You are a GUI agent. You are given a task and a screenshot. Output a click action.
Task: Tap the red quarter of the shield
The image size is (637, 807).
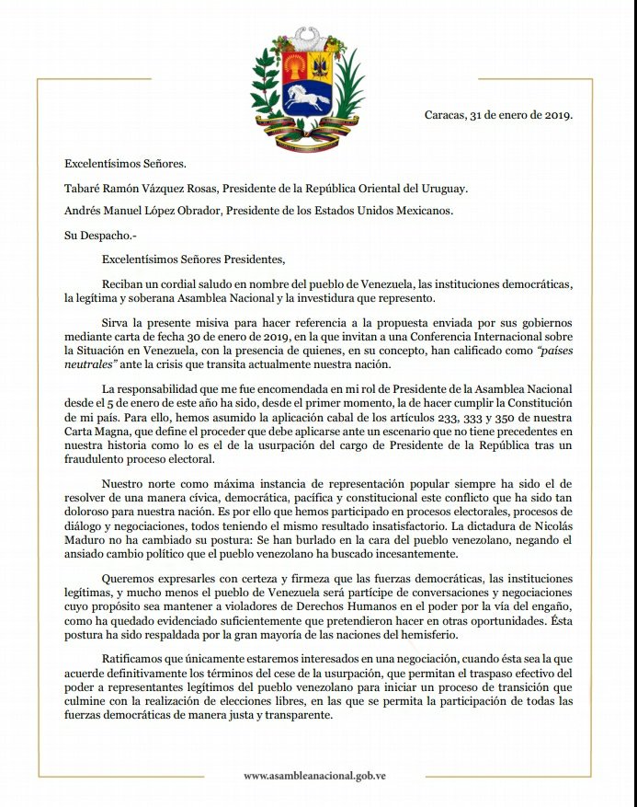(x=294, y=66)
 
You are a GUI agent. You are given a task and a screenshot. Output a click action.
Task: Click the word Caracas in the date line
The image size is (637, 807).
(x=445, y=115)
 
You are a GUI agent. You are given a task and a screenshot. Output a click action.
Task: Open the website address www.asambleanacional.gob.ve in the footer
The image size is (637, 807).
(x=314, y=776)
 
